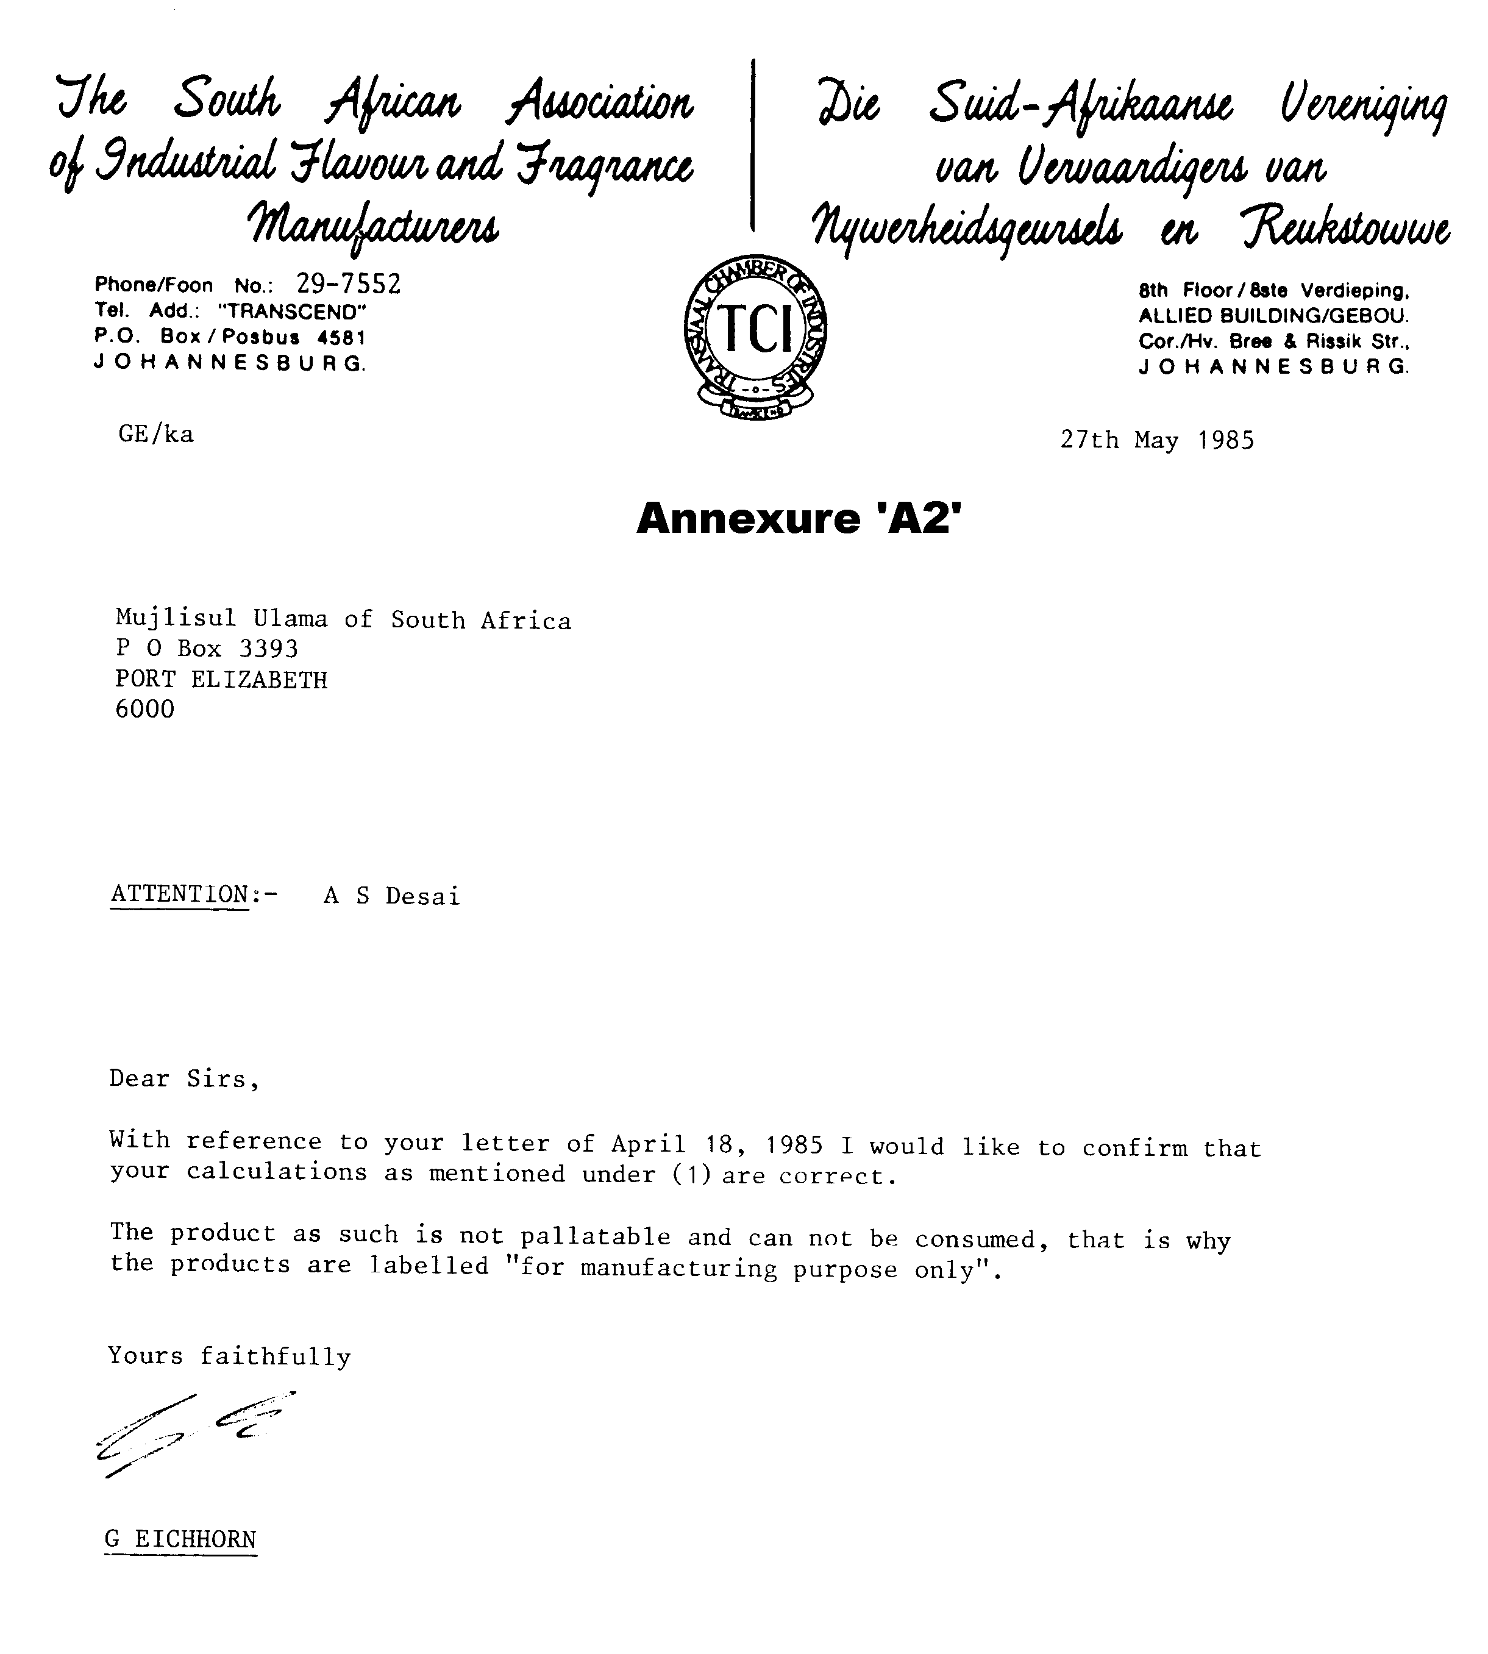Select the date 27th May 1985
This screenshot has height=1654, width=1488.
click(1157, 441)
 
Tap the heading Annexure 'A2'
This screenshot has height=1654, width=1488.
click(799, 518)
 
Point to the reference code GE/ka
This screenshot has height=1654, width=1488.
click(156, 434)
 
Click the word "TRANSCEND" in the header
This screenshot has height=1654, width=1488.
click(292, 312)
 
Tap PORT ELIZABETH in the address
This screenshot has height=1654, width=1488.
click(221, 679)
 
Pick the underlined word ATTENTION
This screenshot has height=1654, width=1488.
click(179, 894)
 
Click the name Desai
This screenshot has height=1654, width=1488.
click(422, 896)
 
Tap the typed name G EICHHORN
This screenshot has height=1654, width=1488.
click(180, 1539)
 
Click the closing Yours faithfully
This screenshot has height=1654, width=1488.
click(230, 1356)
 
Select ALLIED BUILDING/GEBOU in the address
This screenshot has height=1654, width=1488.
click(1273, 316)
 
